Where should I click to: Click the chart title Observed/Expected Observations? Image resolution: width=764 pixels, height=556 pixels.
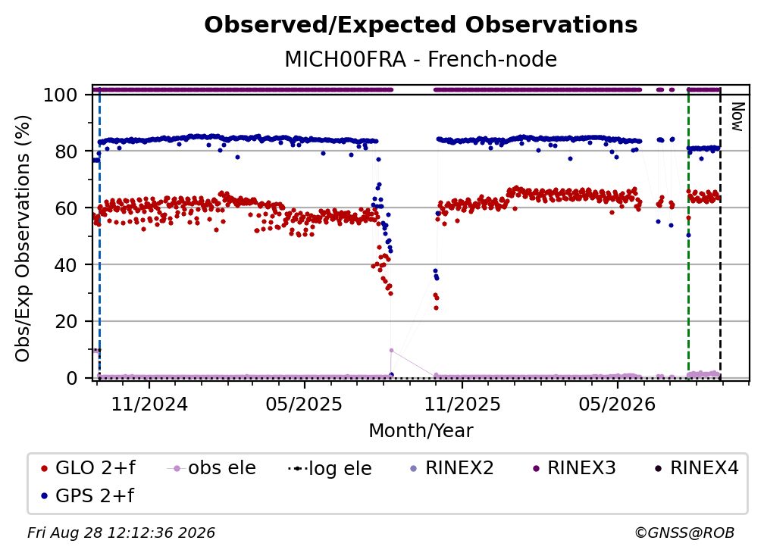tap(421, 25)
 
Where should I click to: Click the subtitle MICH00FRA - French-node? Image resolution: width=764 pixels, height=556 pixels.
tap(421, 59)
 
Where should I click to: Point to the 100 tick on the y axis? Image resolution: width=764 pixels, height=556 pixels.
tap(61, 95)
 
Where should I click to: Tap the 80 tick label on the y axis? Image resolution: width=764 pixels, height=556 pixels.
tap(66, 151)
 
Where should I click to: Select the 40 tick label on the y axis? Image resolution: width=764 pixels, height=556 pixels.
tap(66, 265)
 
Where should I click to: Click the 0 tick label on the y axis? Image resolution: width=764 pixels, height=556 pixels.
tap(72, 378)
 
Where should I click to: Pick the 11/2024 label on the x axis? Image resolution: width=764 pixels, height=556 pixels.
tap(149, 404)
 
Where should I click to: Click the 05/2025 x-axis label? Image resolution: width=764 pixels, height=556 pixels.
tap(304, 404)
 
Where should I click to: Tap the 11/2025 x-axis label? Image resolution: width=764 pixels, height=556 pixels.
tap(462, 404)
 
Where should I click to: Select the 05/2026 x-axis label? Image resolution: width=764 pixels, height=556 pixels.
tap(617, 404)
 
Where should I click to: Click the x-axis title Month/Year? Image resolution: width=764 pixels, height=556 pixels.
tap(421, 431)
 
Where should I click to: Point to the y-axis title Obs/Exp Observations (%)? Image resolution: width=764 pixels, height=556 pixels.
tap(23, 239)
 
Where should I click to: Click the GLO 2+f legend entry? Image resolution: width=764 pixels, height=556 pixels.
tap(88, 468)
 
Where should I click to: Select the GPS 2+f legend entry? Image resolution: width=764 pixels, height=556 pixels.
tap(87, 495)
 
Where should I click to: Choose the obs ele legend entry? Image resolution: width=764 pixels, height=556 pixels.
tap(211, 468)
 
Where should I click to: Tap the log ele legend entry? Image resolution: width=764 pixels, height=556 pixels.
tap(330, 468)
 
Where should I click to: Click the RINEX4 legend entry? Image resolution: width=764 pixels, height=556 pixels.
tap(697, 468)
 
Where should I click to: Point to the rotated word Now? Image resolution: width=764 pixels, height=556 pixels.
tap(737, 117)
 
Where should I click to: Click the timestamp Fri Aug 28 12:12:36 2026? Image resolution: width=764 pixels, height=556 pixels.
tap(121, 533)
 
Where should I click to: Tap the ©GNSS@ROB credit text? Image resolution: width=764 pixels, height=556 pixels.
tap(684, 533)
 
